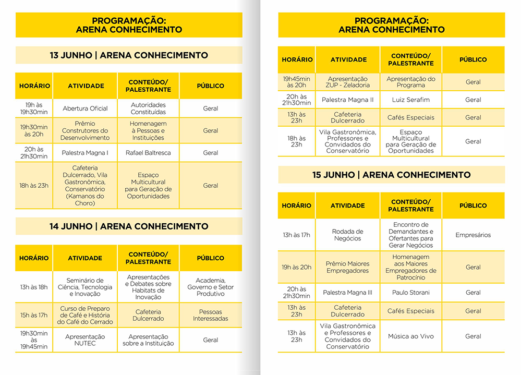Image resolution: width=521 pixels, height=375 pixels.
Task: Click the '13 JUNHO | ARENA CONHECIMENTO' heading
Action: tap(129, 55)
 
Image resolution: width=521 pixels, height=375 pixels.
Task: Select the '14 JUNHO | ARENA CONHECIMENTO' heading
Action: tap(129, 226)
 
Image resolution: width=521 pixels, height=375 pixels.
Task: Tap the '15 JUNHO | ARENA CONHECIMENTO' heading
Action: tap(391, 175)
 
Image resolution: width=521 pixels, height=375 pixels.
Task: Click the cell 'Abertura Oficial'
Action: tap(85, 108)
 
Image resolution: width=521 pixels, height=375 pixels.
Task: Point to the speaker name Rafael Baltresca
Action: tap(148, 153)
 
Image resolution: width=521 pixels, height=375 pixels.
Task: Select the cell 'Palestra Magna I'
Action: tap(85, 153)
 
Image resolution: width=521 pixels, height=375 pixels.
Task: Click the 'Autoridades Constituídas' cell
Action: tap(148, 108)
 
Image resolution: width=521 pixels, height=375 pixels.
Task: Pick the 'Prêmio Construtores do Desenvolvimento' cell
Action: tap(85, 131)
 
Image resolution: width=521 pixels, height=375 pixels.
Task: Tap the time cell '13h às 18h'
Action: tap(34, 287)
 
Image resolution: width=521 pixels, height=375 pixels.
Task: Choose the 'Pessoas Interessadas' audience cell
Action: tap(211, 315)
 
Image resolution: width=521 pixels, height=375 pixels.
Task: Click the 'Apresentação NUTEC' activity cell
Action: tap(85, 340)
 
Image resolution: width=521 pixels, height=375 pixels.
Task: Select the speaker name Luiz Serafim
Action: tap(411, 100)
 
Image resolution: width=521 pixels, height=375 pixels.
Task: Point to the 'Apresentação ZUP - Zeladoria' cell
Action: tap(348, 82)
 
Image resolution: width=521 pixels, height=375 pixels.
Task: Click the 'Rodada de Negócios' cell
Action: tap(348, 235)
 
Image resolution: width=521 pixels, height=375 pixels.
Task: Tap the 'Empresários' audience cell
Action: tap(473, 235)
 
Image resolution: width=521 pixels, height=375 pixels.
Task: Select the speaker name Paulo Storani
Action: tap(411, 293)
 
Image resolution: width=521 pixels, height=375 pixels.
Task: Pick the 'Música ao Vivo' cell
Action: tap(411, 336)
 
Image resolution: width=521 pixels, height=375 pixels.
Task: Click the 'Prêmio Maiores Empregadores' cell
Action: tap(348, 267)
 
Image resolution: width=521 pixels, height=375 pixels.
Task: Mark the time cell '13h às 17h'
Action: tap(297, 235)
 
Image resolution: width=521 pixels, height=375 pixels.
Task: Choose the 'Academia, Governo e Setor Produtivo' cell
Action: tap(211, 287)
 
